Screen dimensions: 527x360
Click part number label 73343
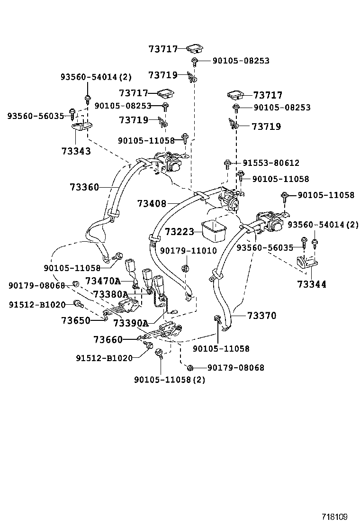[76, 151]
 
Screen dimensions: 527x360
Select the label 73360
[84, 187]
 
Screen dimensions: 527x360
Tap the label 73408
[152, 204]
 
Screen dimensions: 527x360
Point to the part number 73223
[180, 232]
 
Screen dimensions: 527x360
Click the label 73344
[312, 284]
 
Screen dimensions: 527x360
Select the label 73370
[261, 316]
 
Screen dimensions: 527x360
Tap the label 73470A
[103, 281]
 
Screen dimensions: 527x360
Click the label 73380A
[111, 294]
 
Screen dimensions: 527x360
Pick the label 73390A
[131, 323]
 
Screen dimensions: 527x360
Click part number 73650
[76, 320]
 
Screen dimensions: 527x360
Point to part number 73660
[108, 339]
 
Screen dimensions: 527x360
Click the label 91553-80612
[270, 163]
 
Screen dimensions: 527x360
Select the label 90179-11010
[188, 250]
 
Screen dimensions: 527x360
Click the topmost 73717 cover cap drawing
[194, 48]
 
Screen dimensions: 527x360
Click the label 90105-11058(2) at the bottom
[170, 380]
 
